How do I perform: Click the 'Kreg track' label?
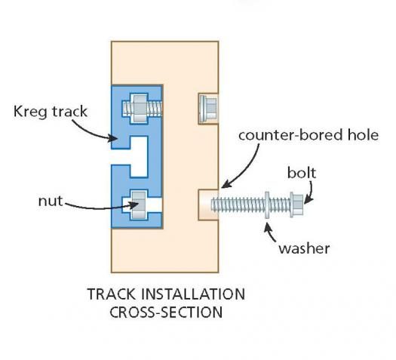point(51,112)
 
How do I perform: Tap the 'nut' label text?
point(51,202)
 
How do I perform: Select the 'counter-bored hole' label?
point(309,135)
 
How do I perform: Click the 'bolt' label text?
point(302,173)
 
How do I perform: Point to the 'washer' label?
point(304,248)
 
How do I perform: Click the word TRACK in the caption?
point(111,294)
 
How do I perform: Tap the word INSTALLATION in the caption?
point(193,294)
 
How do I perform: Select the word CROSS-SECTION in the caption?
point(166,312)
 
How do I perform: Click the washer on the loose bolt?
point(267,205)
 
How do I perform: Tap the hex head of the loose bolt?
point(296,205)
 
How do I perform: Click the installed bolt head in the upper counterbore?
point(207,109)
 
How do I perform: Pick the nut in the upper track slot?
point(140,109)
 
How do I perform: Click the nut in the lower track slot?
point(139,205)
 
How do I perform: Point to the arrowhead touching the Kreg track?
point(113,138)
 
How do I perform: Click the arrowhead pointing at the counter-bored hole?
point(226,183)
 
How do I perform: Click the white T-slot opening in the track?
point(134,157)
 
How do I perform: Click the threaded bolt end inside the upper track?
point(155,109)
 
